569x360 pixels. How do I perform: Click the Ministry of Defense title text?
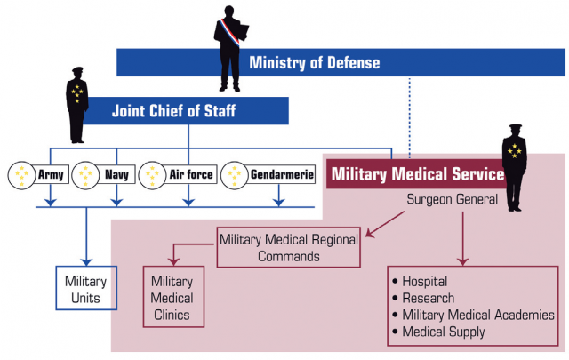pos(314,62)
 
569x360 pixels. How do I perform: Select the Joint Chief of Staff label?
pos(174,111)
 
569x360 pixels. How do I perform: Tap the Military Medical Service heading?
pos(418,174)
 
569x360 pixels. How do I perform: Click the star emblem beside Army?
pos(21,175)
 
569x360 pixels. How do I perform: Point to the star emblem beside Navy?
pos(85,175)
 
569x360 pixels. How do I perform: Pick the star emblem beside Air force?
pos(152,175)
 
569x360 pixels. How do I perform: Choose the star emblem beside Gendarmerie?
pos(235,175)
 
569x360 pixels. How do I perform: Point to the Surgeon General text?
pos(453,199)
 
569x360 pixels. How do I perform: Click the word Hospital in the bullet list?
pos(425,282)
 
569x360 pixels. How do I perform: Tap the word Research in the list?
pos(429,299)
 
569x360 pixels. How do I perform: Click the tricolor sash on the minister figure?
pos(230,32)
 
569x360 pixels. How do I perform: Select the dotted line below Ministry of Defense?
pos(410,117)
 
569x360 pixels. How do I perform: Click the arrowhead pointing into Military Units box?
pos(86,261)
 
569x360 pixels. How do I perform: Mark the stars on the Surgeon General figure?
pos(515,150)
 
